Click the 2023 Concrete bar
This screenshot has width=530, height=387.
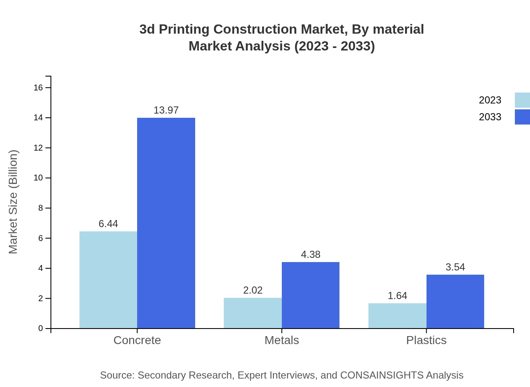click(x=108, y=280)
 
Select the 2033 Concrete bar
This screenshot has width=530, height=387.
click(x=166, y=223)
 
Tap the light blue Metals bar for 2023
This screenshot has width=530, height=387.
click(x=253, y=313)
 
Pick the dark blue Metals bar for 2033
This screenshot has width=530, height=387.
click(x=310, y=295)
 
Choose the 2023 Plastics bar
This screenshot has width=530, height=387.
click(x=397, y=315)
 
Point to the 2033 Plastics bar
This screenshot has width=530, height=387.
click(x=455, y=301)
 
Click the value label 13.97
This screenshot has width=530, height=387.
click(x=166, y=110)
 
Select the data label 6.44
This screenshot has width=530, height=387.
click(x=108, y=224)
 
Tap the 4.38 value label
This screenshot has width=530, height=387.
click(x=310, y=254)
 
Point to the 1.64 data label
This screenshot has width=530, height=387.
click(x=397, y=296)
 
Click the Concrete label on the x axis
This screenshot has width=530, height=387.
click(x=137, y=340)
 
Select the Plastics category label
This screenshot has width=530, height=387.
click(x=426, y=340)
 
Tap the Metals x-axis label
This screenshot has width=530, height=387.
click(x=282, y=340)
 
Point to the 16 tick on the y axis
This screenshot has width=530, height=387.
click(x=38, y=87)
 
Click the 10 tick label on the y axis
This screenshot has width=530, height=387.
click(x=38, y=178)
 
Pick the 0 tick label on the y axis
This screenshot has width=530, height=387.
click(x=41, y=328)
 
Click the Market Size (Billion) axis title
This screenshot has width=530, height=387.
click(x=13, y=202)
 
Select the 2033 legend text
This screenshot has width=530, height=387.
click(x=490, y=117)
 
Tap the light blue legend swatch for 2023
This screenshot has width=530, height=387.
click(x=522, y=100)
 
